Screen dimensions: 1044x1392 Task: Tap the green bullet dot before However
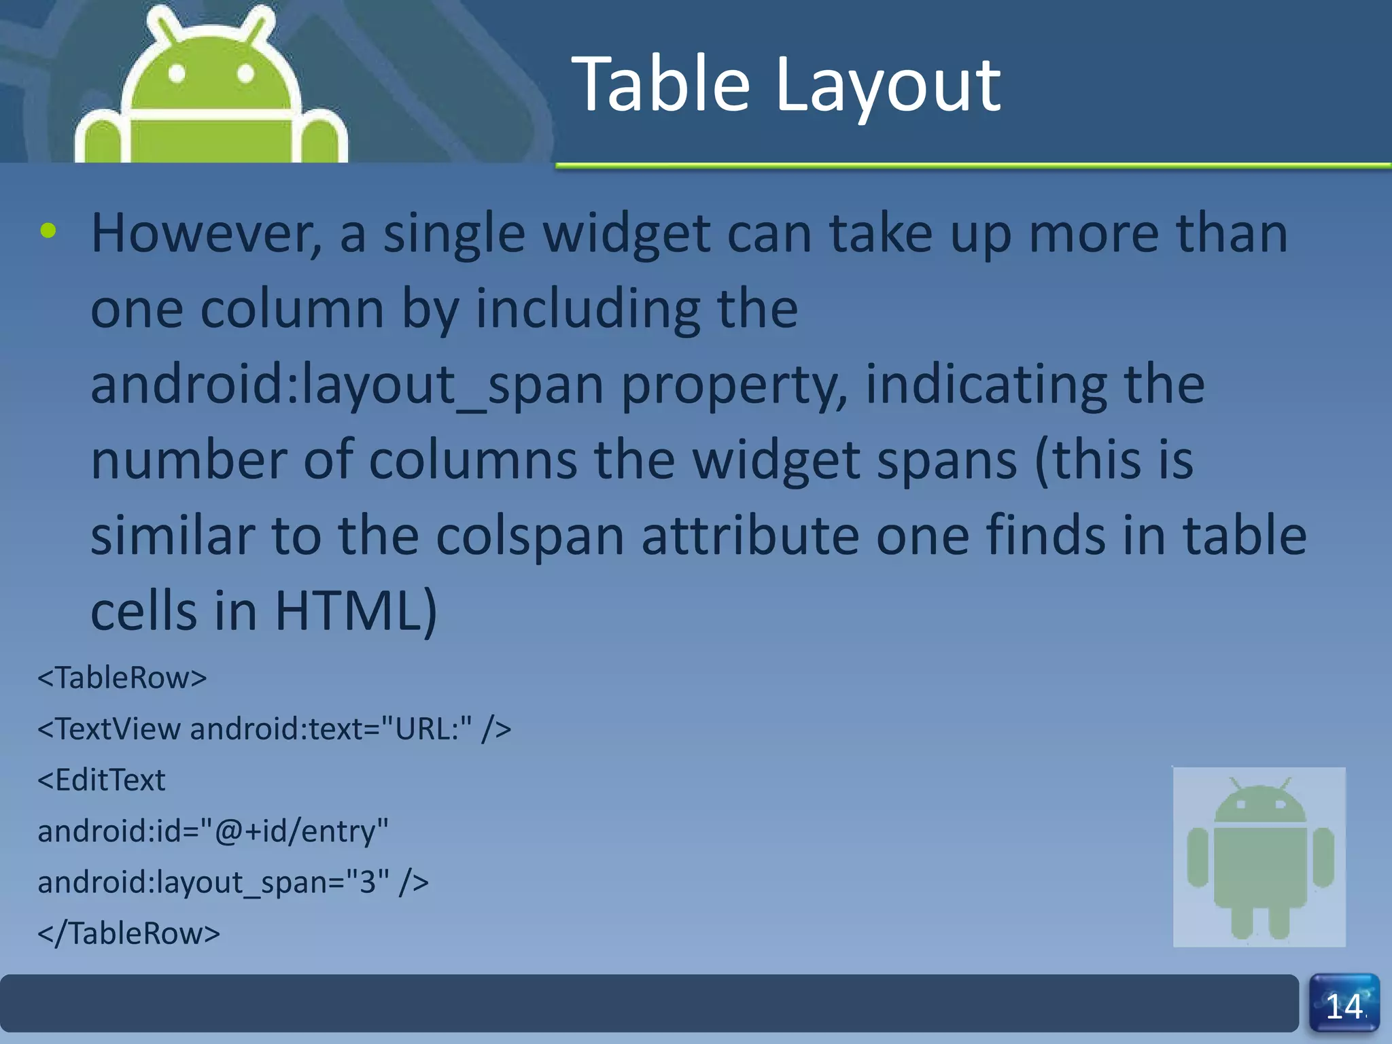tap(48, 231)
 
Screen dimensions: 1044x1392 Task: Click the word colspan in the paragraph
tap(529, 536)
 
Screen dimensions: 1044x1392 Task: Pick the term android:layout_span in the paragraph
tap(347, 385)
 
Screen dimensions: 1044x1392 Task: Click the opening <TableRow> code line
tap(122, 678)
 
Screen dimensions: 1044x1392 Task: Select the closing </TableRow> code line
tap(129, 933)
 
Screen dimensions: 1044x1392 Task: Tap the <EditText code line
tap(101, 780)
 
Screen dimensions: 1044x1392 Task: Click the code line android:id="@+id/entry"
tap(213, 831)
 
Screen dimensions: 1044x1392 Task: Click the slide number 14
tap(1344, 1007)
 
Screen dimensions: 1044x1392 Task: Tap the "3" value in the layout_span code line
tap(368, 882)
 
